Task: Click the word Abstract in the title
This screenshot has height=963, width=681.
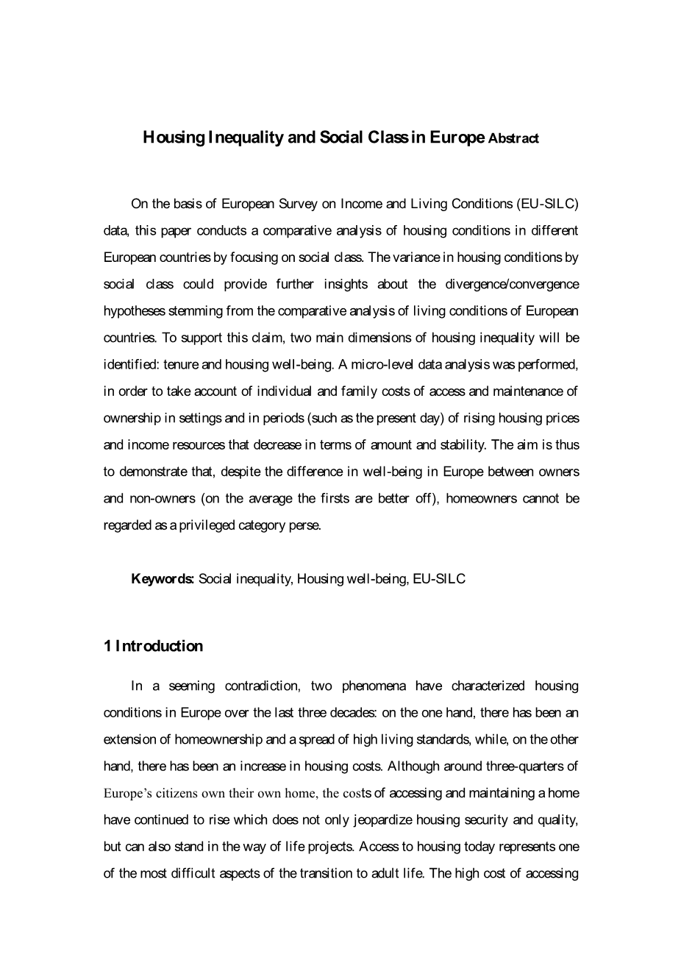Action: (x=513, y=138)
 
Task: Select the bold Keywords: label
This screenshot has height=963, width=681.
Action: (x=163, y=579)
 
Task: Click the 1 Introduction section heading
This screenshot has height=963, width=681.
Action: (x=153, y=646)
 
